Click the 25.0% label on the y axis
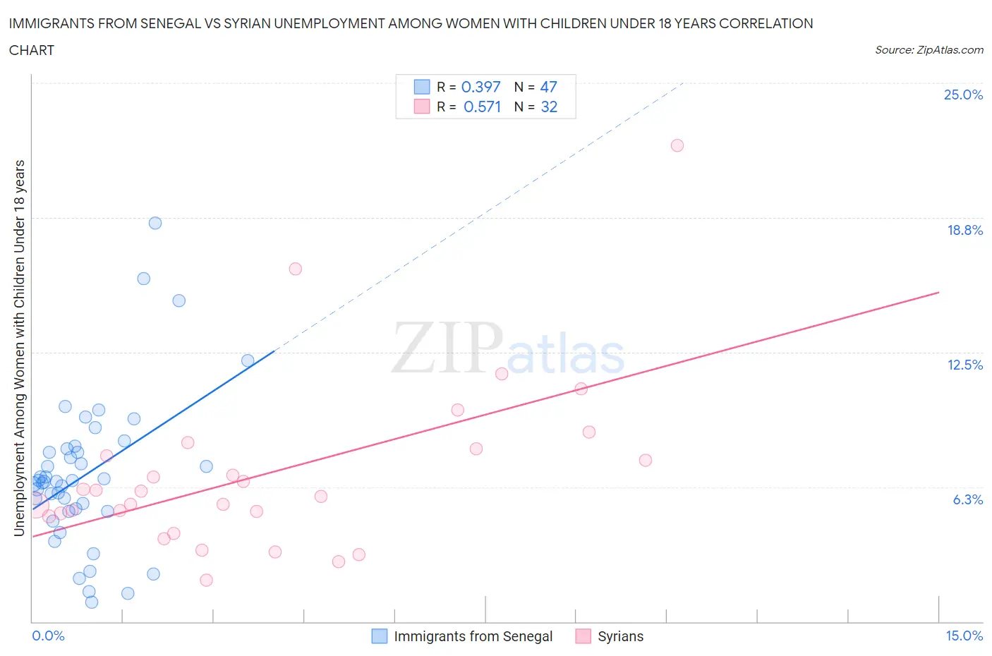963,95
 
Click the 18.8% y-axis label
964,230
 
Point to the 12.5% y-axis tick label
964,365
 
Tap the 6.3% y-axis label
967,499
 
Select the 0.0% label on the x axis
48,636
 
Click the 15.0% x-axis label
964,636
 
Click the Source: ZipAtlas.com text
929,50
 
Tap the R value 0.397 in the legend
480,87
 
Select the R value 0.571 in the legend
482,107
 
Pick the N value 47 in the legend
548,87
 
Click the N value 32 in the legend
549,107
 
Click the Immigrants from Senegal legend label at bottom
473,636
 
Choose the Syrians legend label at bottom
620,636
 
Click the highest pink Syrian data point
677,145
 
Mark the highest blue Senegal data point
155,223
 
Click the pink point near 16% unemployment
296,269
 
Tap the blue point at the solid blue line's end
248,360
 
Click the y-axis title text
19,348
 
